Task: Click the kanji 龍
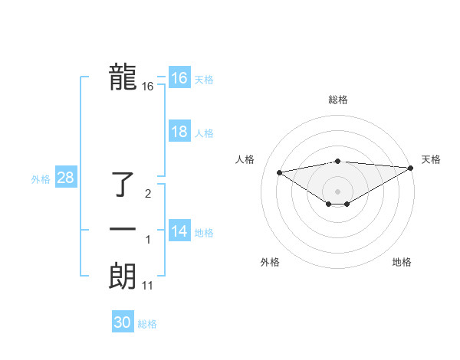pyautogui.click(x=123, y=78)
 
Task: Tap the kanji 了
pyautogui.click(x=124, y=185)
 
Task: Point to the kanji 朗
pyautogui.click(x=123, y=277)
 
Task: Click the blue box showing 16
pyautogui.click(x=179, y=78)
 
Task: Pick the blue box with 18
pyautogui.click(x=179, y=132)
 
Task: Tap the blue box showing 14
pyautogui.click(x=179, y=231)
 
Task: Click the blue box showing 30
pyautogui.click(x=123, y=322)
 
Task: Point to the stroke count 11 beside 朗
pyautogui.click(x=148, y=286)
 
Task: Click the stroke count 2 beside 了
pyautogui.click(x=148, y=194)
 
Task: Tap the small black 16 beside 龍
pyautogui.click(x=148, y=87)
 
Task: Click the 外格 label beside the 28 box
pyautogui.click(x=41, y=179)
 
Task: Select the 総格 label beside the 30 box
pyautogui.click(x=147, y=324)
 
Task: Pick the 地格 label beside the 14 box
pyautogui.click(x=204, y=233)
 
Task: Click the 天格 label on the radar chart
pyautogui.click(x=431, y=159)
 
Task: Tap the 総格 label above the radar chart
pyautogui.click(x=337, y=100)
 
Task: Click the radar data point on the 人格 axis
pyautogui.click(x=279, y=172)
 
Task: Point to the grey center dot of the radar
pyautogui.click(x=337, y=191)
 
